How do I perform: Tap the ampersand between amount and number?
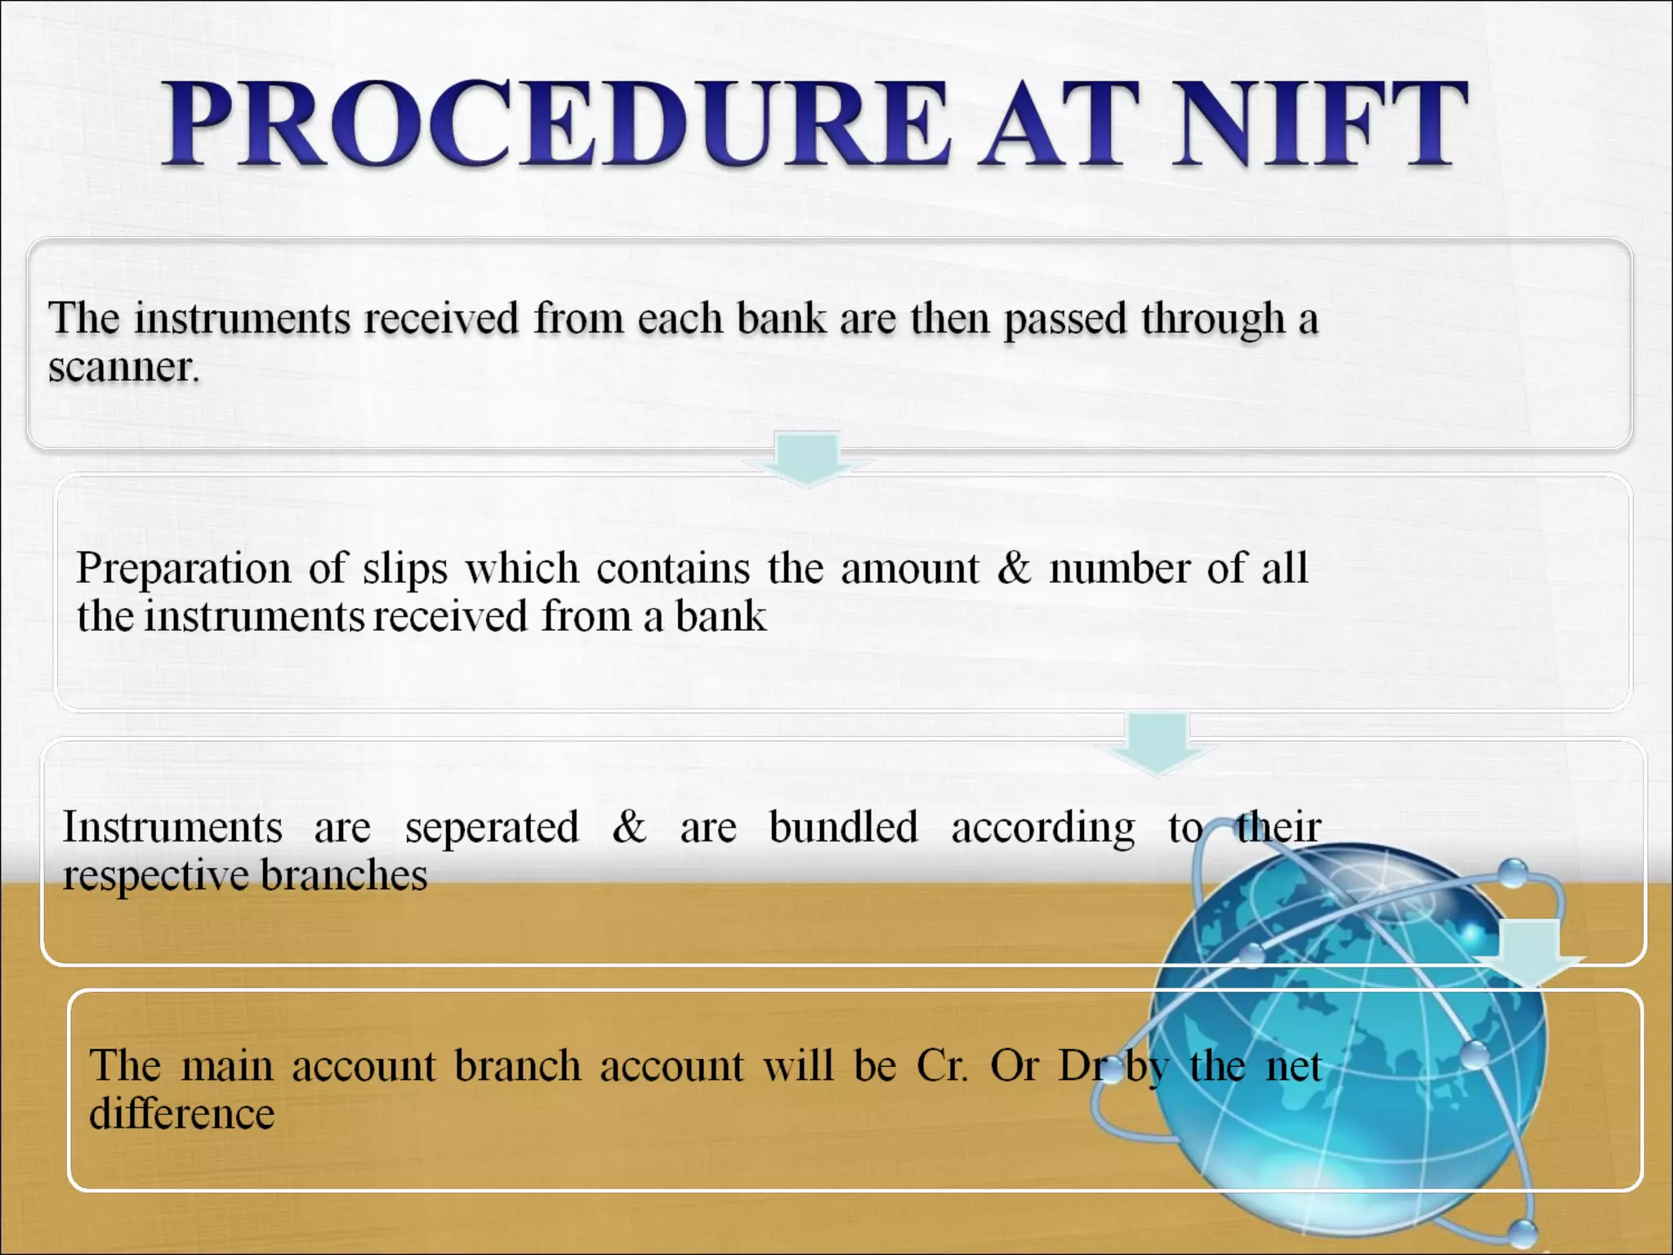pos(1014,567)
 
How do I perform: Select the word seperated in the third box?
pos(492,828)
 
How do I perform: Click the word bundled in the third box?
pos(844,827)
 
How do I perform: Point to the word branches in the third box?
pos(344,875)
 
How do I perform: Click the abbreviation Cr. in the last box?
pos(943,1066)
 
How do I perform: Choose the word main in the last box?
pos(227,1066)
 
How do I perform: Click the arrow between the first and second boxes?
pos(807,458)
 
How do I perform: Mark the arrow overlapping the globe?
pos(1528,954)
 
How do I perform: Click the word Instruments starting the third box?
pos(172,827)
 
